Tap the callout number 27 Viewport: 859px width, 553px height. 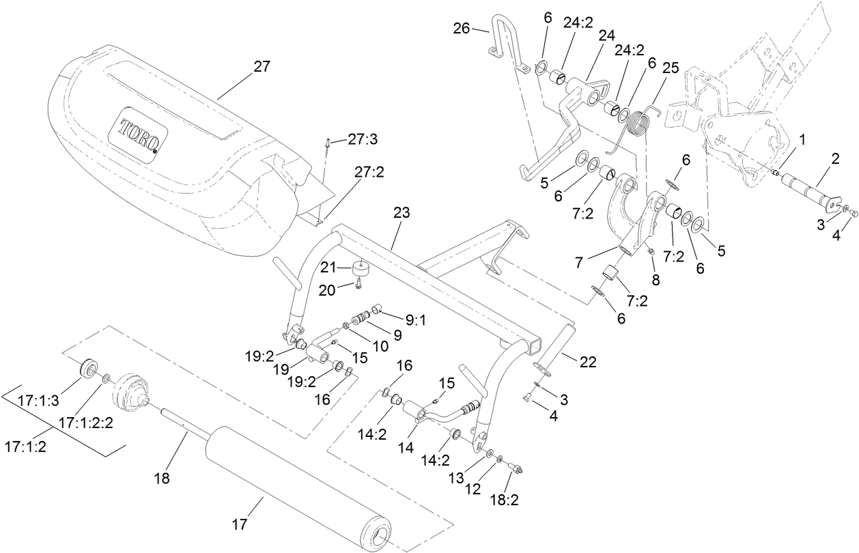tap(262, 67)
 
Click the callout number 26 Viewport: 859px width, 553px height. tap(462, 29)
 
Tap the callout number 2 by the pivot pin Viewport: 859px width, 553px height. tap(835, 158)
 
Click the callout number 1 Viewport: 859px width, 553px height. tap(803, 140)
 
